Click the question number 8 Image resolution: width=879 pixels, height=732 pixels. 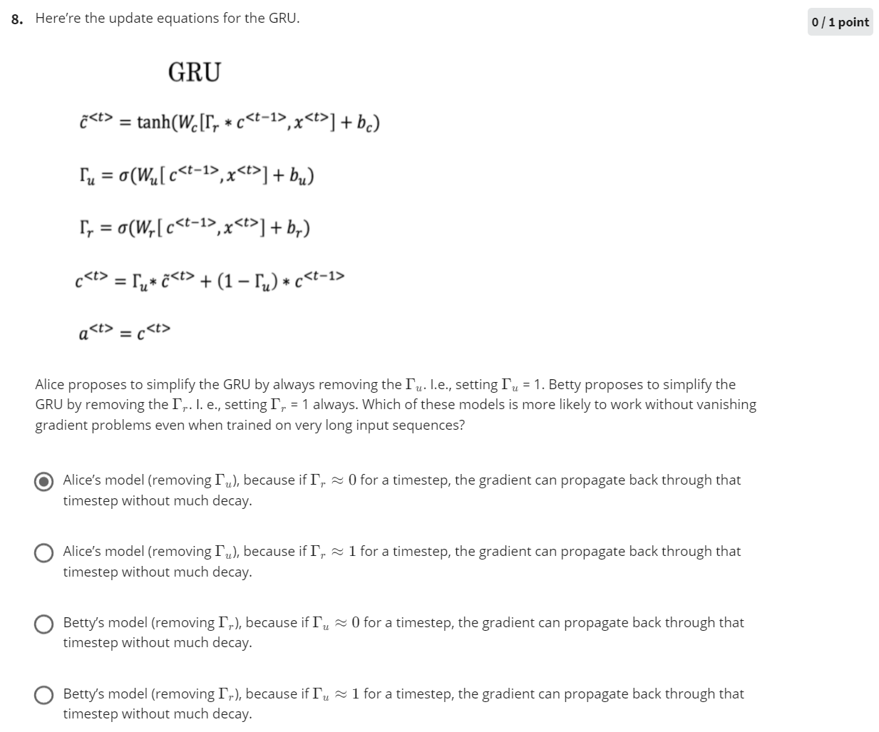tap(17, 19)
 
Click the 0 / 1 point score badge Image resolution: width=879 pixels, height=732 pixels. tap(841, 22)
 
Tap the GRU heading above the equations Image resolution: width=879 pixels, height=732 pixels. tap(195, 73)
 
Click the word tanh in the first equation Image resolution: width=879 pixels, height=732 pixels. tap(153, 123)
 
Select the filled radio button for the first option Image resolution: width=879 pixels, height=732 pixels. tap(44, 482)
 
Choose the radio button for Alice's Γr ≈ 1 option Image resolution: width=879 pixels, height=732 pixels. tap(44, 553)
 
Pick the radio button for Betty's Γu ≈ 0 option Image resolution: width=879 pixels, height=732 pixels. tap(44, 624)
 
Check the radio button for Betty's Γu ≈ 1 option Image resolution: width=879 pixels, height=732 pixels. tap(44, 696)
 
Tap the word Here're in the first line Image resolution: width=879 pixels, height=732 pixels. tap(58, 19)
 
